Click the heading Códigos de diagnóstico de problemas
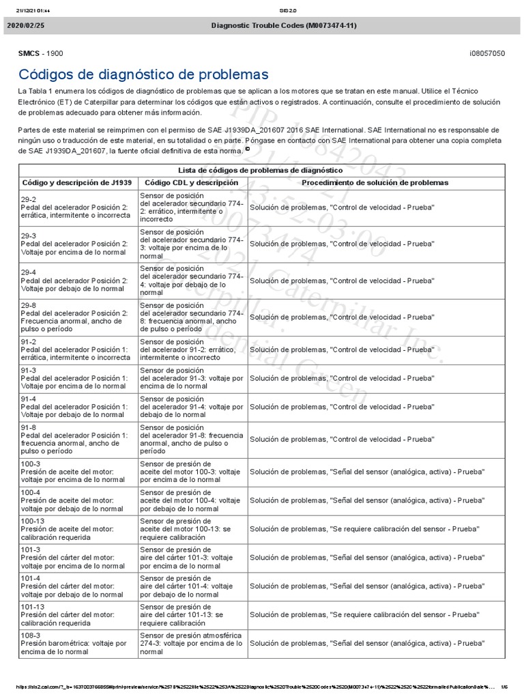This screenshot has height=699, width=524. pyautogui.click(x=143, y=74)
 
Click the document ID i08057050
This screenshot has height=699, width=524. pyautogui.click(x=488, y=53)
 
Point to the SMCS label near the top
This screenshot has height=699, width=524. pyautogui.click(x=29, y=53)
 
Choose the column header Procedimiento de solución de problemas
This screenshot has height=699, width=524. pyautogui.click(x=375, y=183)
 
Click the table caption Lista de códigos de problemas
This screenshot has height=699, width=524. pyautogui.click(x=260, y=169)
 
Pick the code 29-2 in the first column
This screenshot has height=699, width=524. pyautogui.click(x=29, y=198)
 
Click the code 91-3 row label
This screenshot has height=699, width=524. pyautogui.click(x=29, y=371)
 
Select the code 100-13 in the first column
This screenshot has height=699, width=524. pyautogui.click(x=33, y=521)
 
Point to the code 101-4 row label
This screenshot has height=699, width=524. pyautogui.click(x=31, y=577)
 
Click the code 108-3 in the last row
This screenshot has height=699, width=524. pyautogui.click(x=31, y=635)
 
